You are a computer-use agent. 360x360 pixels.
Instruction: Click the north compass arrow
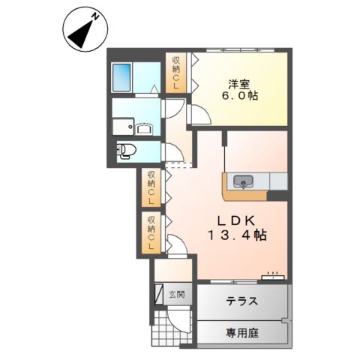[81, 28]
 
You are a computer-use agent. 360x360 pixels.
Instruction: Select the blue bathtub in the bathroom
[123, 77]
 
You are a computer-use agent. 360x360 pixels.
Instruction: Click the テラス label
[241, 301]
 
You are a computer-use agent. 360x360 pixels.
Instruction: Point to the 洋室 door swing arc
[199, 115]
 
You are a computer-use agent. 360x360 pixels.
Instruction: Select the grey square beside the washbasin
[121, 127]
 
